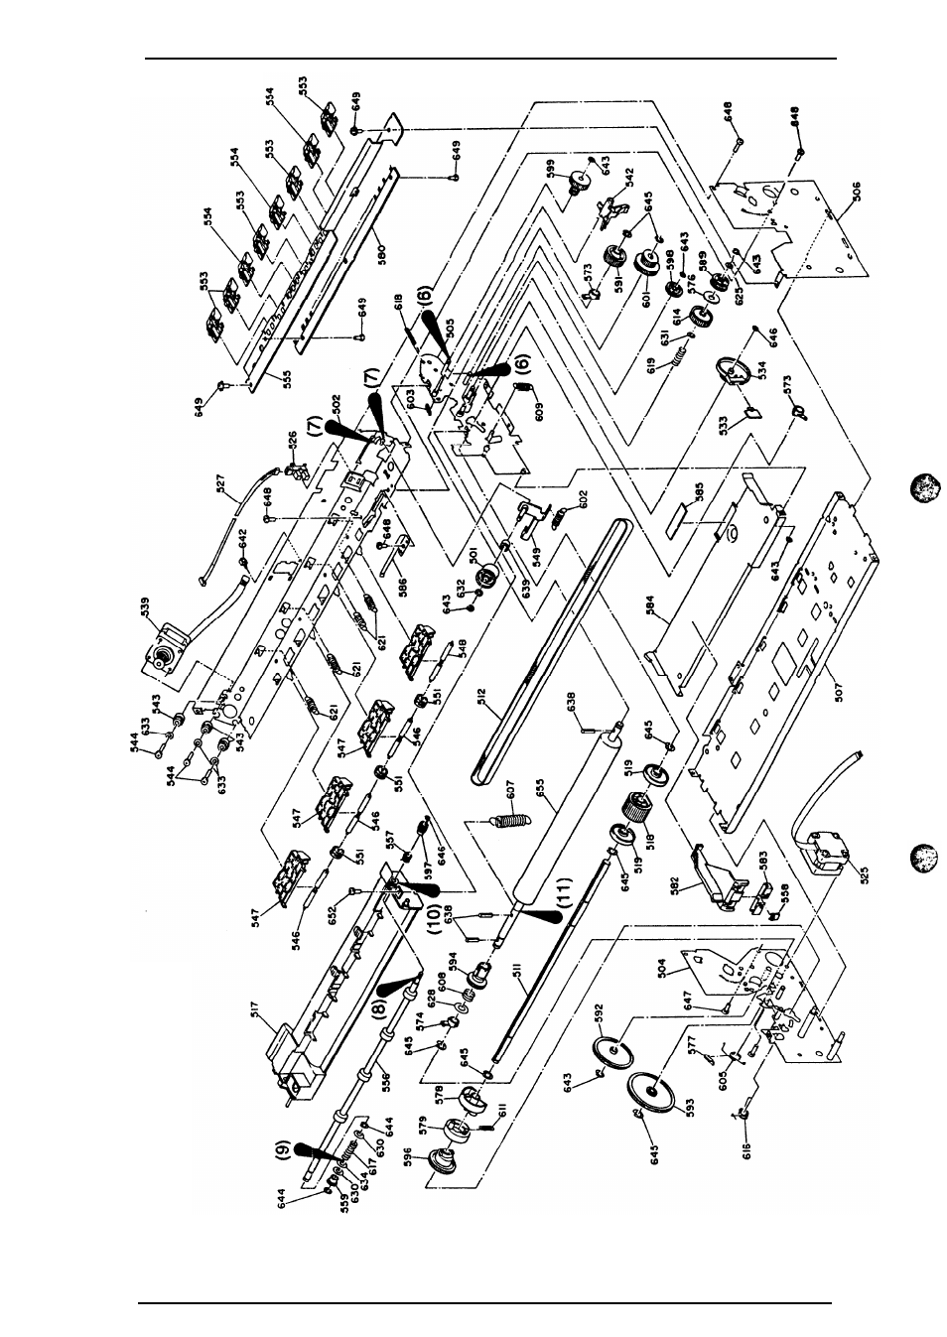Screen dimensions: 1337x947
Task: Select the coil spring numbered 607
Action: click(x=508, y=819)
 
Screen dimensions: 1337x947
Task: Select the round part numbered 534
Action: click(x=733, y=376)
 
